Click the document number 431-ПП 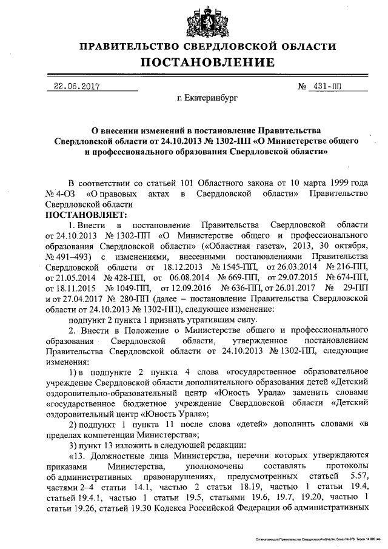coord(328,86)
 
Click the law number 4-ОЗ coord(66,194)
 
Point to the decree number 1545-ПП coord(231,267)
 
